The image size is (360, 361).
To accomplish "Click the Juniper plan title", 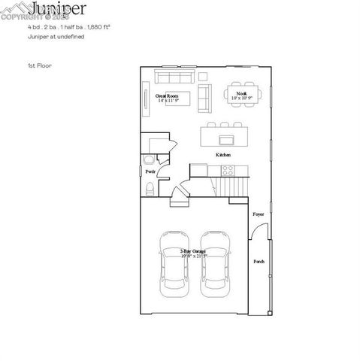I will [59, 9].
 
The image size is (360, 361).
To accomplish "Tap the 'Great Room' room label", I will [166, 98].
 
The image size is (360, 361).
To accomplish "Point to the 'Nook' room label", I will [240, 95].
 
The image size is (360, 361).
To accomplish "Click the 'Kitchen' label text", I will [223, 154].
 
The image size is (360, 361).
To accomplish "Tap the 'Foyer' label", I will [258, 214].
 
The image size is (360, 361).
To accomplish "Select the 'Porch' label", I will [259, 262].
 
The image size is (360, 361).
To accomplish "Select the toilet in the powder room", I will [150, 188].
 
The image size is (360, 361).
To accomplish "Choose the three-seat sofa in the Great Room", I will [174, 77].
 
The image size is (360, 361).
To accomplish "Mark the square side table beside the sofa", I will [204, 77].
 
